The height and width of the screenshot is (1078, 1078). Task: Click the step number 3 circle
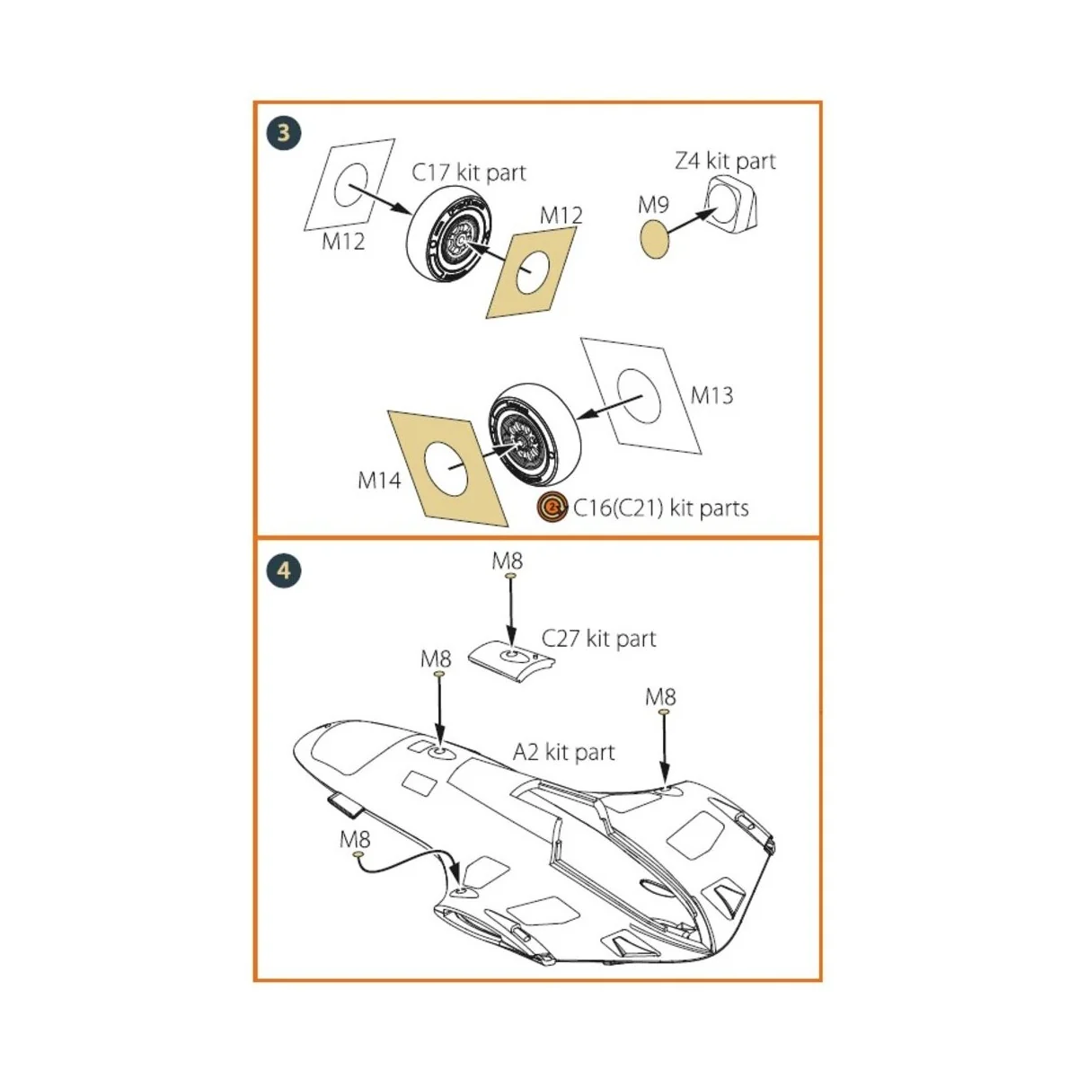(284, 133)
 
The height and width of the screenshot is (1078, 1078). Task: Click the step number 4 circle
(284, 570)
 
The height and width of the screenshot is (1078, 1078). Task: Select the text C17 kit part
(468, 172)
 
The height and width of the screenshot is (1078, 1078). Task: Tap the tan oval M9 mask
(655, 242)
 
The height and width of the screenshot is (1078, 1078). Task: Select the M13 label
(711, 395)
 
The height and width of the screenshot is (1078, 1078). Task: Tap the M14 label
(379, 481)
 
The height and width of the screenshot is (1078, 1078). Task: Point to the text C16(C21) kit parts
(660, 508)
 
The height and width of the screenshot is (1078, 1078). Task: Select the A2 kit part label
(563, 752)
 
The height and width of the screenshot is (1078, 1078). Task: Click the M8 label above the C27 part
(507, 561)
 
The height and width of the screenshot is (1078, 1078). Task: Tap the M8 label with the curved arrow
(354, 839)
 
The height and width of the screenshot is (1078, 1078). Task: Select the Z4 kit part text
(725, 161)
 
